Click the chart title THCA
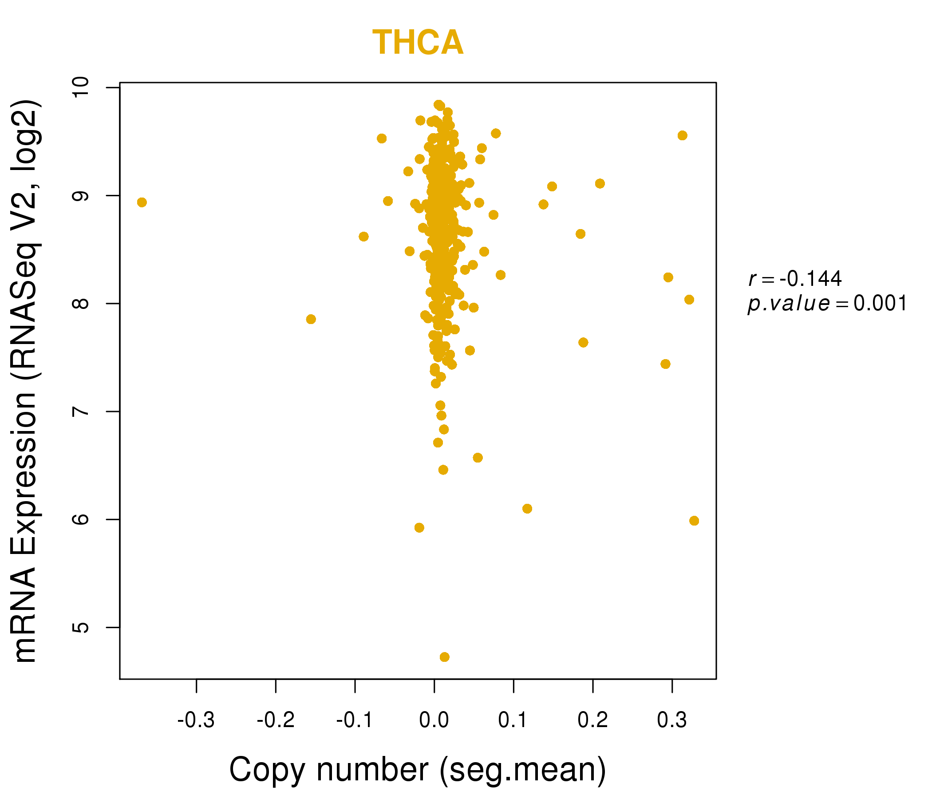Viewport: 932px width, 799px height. (x=418, y=42)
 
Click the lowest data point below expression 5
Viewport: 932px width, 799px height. (x=444, y=657)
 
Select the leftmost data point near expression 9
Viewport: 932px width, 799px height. (x=142, y=202)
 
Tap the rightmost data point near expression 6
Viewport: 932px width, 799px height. (x=694, y=521)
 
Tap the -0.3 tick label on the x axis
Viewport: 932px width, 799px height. (x=196, y=720)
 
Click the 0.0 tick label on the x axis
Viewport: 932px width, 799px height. (x=434, y=720)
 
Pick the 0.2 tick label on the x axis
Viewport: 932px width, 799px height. (x=593, y=720)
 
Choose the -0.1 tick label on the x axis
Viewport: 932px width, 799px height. (x=355, y=720)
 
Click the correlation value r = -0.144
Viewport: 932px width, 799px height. (x=795, y=279)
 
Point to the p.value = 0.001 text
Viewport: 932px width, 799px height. (x=828, y=304)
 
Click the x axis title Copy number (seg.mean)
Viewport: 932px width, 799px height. (x=418, y=770)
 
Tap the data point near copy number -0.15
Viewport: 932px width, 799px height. (x=311, y=319)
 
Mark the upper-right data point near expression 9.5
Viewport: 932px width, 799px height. (x=683, y=135)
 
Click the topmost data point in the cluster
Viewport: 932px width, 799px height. (x=438, y=105)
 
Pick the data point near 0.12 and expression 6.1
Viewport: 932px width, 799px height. (x=527, y=508)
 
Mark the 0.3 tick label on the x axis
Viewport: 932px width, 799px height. (x=672, y=720)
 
